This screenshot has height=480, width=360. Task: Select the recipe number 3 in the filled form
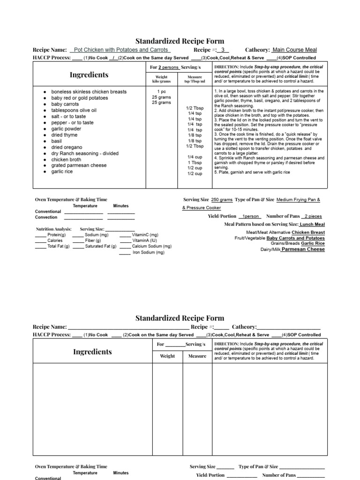click(223, 50)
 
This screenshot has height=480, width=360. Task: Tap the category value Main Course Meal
click(294, 50)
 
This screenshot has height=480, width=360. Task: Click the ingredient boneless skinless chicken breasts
click(89, 92)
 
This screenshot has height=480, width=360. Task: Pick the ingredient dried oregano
click(67, 147)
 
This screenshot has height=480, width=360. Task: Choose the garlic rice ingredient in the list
click(62, 172)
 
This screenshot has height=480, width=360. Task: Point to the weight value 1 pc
click(161, 92)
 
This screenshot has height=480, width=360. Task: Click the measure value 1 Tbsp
click(195, 163)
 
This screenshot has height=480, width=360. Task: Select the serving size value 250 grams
click(222, 200)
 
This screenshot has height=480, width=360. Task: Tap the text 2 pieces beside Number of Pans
click(313, 216)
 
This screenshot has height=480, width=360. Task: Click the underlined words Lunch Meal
click(312, 225)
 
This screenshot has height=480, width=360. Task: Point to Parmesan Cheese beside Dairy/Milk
click(303, 249)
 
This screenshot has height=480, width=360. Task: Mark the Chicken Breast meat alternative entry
click(308, 232)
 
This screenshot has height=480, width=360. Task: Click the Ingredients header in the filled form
click(89, 75)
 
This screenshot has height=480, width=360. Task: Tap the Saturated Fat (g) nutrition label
click(101, 246)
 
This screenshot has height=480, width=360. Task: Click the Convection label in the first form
click(46, 217)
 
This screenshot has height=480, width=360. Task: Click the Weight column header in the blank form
click(167, 356)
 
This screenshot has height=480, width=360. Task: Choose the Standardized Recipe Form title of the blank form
click(180, 318)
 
